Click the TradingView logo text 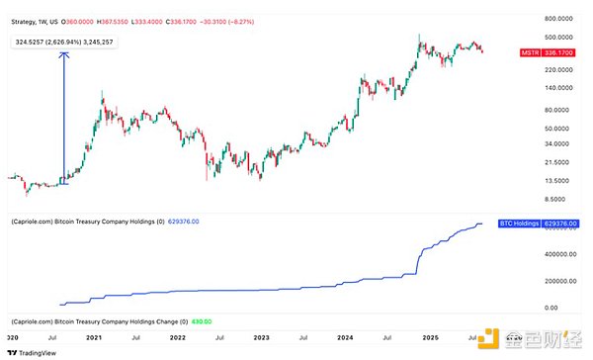pyautogui.click(x=32, y=351)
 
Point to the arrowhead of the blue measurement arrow pyautogui.click(x=65, y=54)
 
